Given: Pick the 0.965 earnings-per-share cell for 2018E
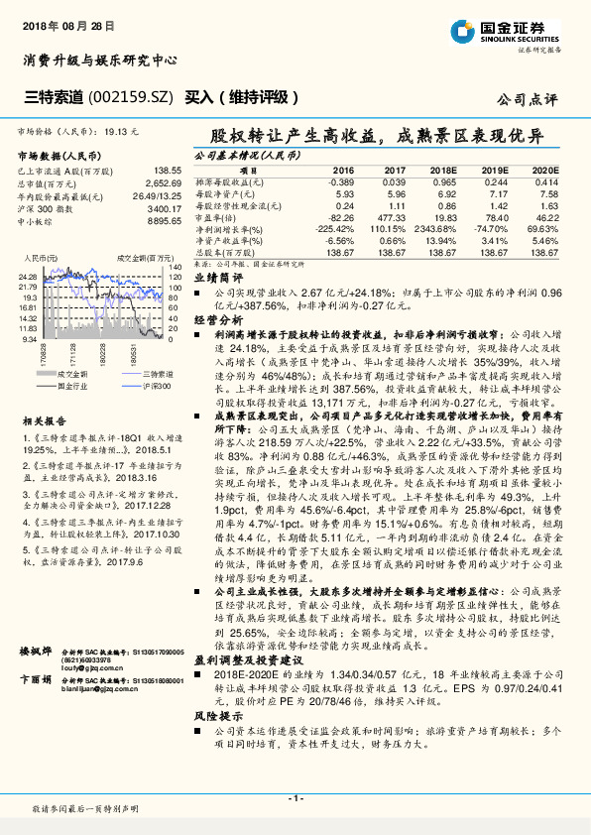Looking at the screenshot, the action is coord(444,181).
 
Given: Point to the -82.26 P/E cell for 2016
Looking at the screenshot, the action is coord(340,216).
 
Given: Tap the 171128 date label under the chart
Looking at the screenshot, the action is coord(74,352).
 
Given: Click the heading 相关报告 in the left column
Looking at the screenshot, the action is coord(40,420).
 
